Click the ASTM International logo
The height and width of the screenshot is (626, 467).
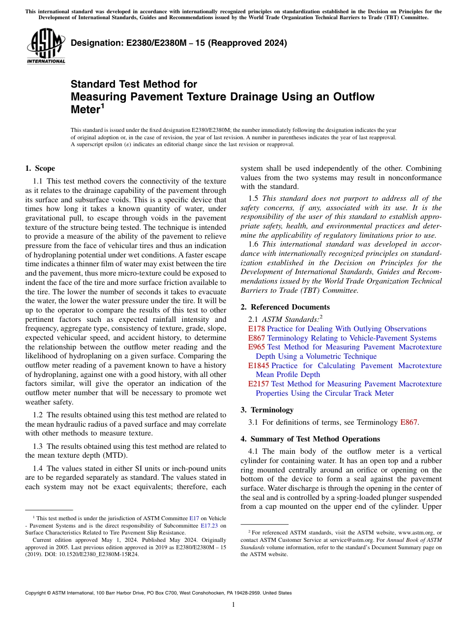[46, 46]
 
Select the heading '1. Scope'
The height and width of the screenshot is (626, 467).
[40, 168]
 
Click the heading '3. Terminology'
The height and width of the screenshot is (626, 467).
[267, 410]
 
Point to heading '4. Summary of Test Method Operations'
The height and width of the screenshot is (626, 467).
[310, 439]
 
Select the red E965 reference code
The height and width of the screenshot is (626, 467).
[256, 347]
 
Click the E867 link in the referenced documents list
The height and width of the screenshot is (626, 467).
[256, 338]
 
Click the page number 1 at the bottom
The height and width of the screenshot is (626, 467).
[233, 605]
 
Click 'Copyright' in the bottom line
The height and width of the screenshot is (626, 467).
[36, 593]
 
